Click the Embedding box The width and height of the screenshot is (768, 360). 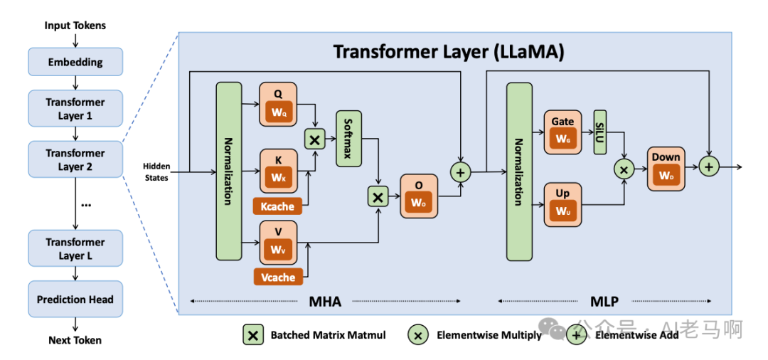75,62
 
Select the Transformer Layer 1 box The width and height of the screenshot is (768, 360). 75,109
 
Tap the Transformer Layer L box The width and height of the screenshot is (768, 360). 75,249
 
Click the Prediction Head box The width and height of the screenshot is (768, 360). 75,300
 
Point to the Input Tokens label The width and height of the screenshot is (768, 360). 75,26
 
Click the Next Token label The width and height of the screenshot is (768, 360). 75,340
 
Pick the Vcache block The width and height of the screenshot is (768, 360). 278,277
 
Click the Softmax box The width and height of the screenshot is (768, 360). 348,139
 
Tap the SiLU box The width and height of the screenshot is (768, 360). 599,132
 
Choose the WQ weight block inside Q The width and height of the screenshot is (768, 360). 278,112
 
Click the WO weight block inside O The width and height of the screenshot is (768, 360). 419,203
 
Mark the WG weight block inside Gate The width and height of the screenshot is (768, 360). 562,140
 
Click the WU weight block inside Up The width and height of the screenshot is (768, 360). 562,211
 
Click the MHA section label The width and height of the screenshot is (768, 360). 325,302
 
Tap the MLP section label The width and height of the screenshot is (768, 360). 604,302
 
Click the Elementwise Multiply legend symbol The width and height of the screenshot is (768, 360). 418,334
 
